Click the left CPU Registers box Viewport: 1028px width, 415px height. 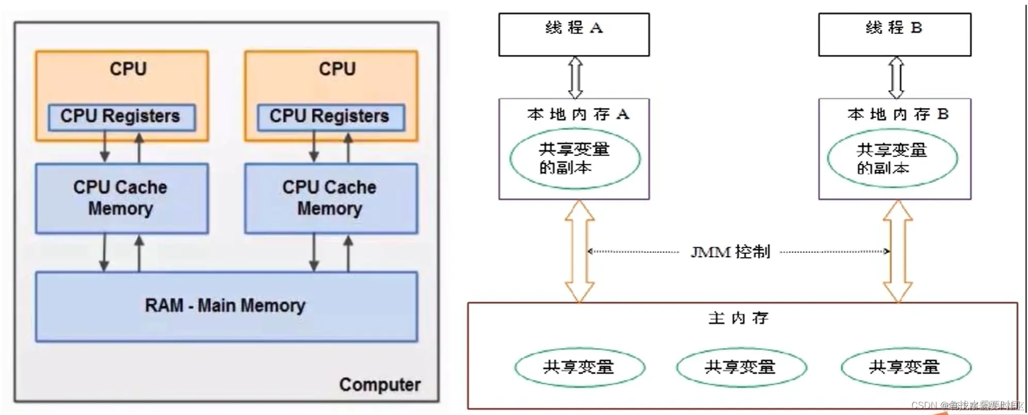[121, 117]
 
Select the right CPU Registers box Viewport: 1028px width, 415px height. [330, 117]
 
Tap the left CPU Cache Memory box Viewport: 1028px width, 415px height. [121, 198]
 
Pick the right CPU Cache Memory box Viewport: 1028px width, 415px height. [330, 198]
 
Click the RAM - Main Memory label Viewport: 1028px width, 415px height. [225, 306]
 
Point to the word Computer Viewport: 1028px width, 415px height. [380, 385]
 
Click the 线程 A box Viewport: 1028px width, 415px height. [574, 35]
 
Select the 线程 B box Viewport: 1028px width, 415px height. [894, 35]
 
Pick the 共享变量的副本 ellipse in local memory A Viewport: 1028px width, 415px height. [575, 158]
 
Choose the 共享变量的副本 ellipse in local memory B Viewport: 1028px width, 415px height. [892, 159]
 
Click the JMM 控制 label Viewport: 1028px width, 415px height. [730, 252]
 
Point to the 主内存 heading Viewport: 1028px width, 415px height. [738, 318]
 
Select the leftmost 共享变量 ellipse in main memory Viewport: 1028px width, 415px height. [579, 368]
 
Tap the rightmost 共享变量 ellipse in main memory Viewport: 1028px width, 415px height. [906, 368]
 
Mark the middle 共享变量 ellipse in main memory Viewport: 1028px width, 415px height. [741, 368]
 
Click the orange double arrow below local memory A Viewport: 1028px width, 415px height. [579, 251]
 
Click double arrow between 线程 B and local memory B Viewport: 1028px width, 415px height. [896, 77]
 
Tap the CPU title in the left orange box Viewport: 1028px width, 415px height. [128, 69]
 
